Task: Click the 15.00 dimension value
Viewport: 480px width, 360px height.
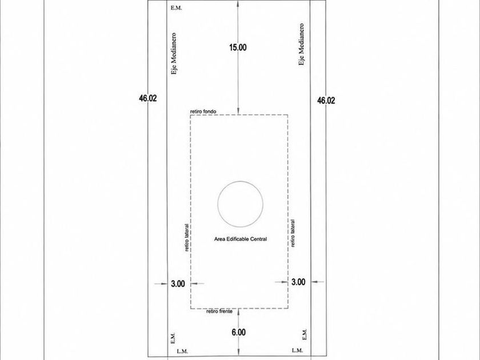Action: [238, 47]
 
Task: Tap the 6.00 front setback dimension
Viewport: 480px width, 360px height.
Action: [238, 332]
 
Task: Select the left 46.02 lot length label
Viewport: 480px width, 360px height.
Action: [148, 98]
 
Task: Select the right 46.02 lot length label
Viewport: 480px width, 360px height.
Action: [326, 101]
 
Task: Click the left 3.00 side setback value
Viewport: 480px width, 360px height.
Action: [178, 284]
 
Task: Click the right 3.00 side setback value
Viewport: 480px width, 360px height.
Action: [298, 282]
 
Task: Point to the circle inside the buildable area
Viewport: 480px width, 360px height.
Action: [218, 204]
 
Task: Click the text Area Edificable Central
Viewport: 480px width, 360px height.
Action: [241, 239]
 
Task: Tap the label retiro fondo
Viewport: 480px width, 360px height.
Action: [203, 111]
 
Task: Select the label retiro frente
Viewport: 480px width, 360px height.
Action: [219, 311]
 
